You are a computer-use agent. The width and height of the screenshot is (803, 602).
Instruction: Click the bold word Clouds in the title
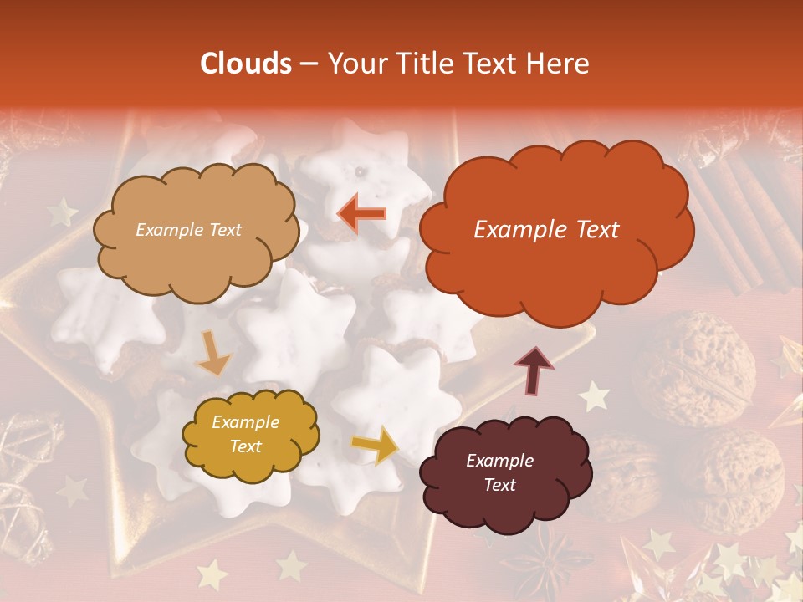[245, 64]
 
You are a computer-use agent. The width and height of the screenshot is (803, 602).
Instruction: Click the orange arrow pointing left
[362, 214]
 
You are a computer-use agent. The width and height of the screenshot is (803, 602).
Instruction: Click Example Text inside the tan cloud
[188, 230]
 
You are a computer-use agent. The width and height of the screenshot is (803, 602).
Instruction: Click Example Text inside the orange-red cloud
[546, 230]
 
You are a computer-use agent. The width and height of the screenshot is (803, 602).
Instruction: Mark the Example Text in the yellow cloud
[245, 435]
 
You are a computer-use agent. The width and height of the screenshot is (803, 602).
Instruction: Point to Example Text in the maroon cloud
[499, 472]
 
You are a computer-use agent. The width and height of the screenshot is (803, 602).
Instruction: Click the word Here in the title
[560, 64]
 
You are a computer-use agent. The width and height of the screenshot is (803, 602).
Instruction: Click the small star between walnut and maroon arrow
[594, 396]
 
